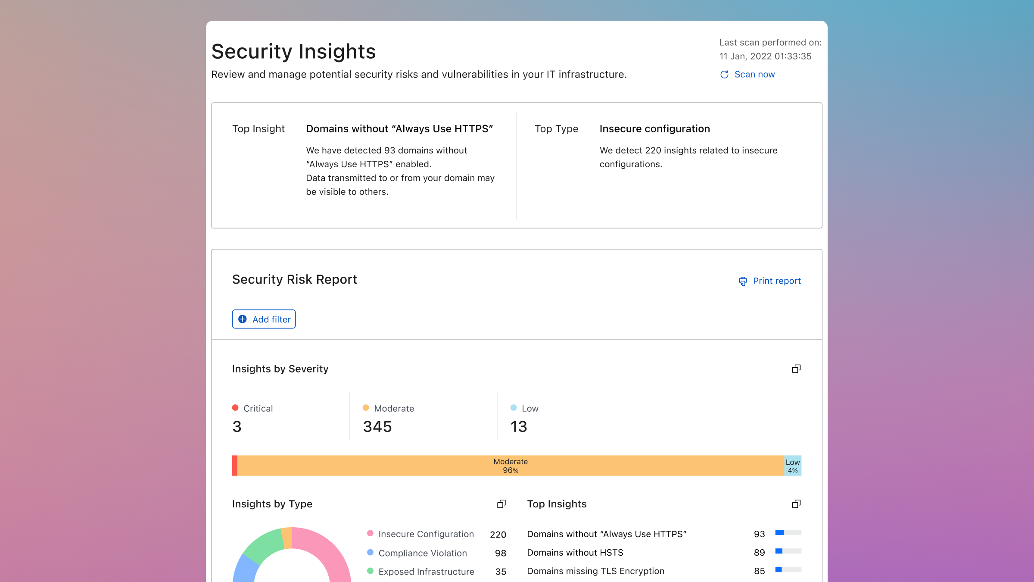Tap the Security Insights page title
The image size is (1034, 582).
click(293, 51)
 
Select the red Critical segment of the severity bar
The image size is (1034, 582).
click(235, 466)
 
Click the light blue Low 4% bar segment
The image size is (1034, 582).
click(793, 466)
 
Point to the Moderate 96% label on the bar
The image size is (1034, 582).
click(511, 466)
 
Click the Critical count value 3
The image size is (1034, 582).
click(237, 426)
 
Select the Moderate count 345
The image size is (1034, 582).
click(377, 426)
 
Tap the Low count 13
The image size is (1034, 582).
click(519, 426)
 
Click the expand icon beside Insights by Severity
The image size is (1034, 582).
click(796, 369)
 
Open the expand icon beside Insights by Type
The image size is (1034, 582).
click(501, 504)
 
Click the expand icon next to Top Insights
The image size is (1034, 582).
click(796, 504)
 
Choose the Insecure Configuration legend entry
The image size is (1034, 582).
click(426, 534)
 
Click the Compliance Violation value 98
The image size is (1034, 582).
click(500, 553)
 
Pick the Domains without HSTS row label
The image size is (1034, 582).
click(575, 553)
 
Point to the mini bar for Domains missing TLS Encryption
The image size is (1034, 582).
click(788, 570)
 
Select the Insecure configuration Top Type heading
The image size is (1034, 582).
click(654, 129)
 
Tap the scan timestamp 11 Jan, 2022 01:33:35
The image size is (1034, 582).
click(765, 56)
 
